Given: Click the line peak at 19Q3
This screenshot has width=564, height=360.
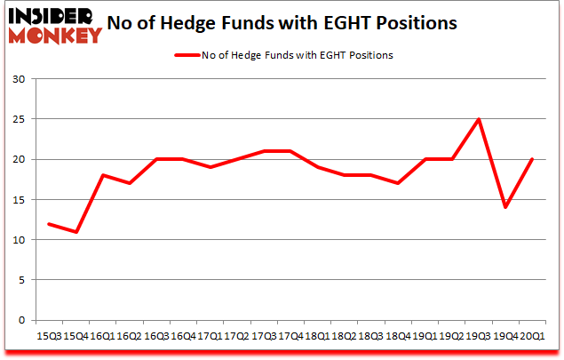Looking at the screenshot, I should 479,119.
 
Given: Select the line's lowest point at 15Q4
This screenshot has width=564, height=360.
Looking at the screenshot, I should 77,232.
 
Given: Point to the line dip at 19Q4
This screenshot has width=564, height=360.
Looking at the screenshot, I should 505,207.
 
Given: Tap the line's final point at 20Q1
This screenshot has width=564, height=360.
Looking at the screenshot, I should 532,159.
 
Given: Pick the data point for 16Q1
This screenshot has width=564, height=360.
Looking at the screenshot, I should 104,175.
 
